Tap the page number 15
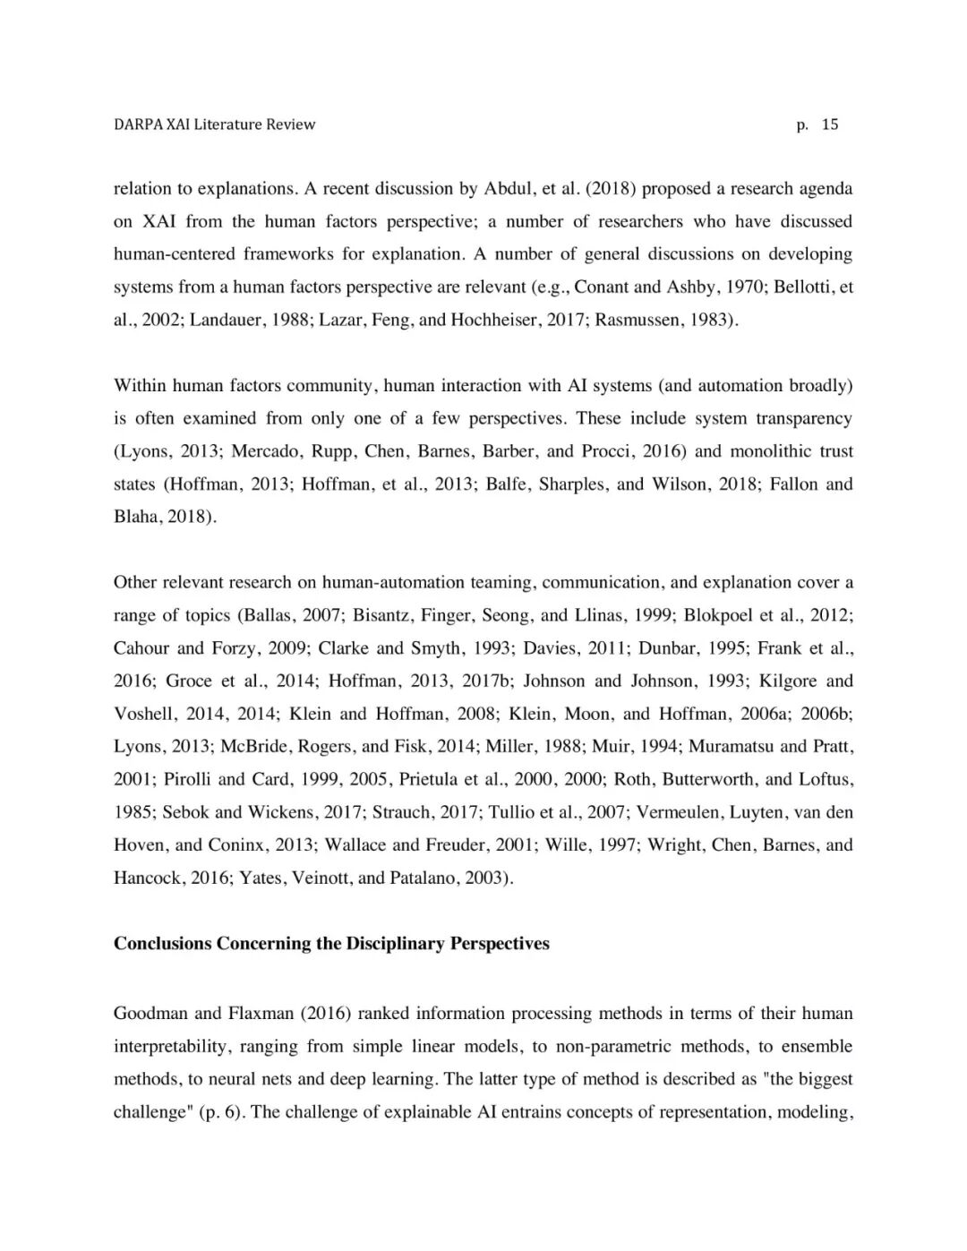click(x=830, y=124)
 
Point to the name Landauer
click(x=223, y=320)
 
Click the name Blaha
click(x=135, y=518)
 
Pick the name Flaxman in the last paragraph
click(x=261, y=1014)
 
